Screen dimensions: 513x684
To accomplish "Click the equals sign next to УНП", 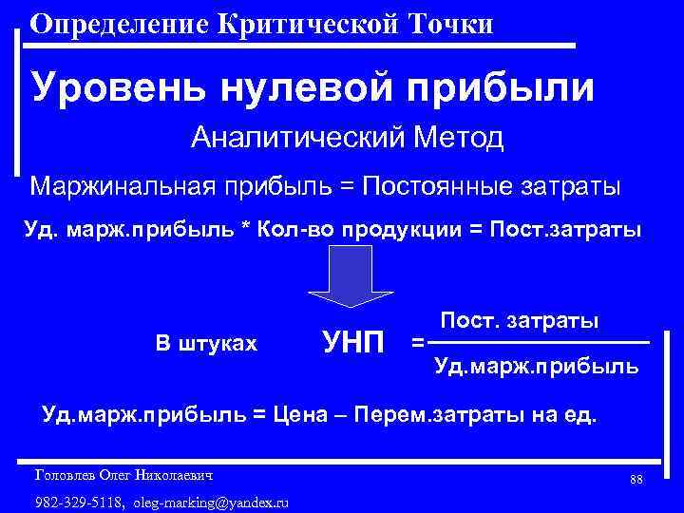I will pyautogui.click(x=417, y=341).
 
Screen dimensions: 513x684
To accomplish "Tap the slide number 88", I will pyautogui.click(x=636, y=479).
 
